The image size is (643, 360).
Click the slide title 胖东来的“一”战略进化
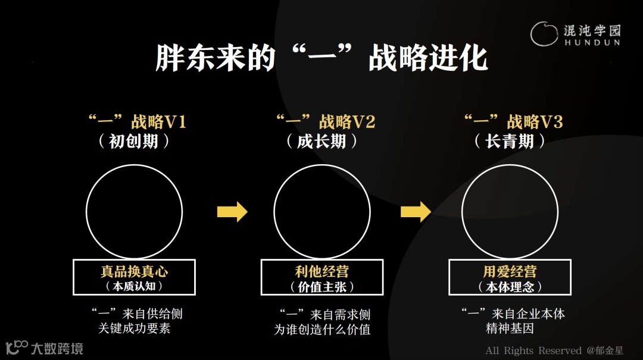click(x=321, y=58)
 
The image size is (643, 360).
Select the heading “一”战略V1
click(x=137, y=122)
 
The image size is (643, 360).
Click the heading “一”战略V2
click(x=325, y=122)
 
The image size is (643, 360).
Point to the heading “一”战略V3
click(x=513, y=122)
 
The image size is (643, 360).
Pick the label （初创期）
click(x=134, y=142)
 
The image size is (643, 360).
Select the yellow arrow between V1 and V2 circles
click(x=232, y=211)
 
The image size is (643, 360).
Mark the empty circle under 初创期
click(x=134, y=211)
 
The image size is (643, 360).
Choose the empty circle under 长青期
click(x=510, y=211)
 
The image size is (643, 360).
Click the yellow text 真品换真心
click(x=134, y=272)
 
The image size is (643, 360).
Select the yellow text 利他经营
click(x=321, y=272)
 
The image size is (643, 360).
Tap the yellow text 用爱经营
click(x=510, y=272)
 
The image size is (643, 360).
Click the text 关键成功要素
click(x=134, y=328)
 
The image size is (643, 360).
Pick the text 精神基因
click(x=510, y=328)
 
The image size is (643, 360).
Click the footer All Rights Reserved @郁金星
click(x=554, y=350)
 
